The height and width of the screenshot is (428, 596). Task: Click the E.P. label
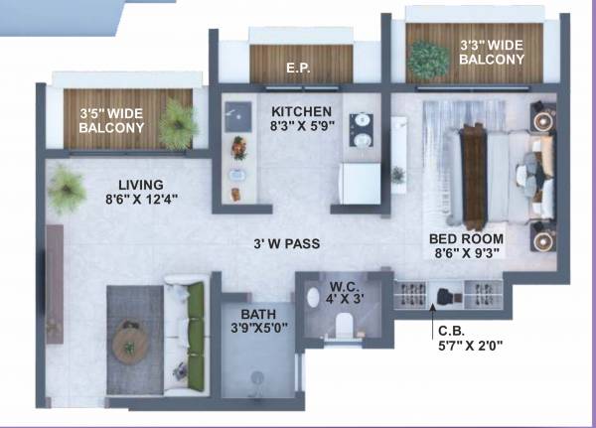pos(300,69)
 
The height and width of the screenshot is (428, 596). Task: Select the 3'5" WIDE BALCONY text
pos(112,120)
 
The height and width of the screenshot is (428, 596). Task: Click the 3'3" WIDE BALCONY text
pos(491,53)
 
